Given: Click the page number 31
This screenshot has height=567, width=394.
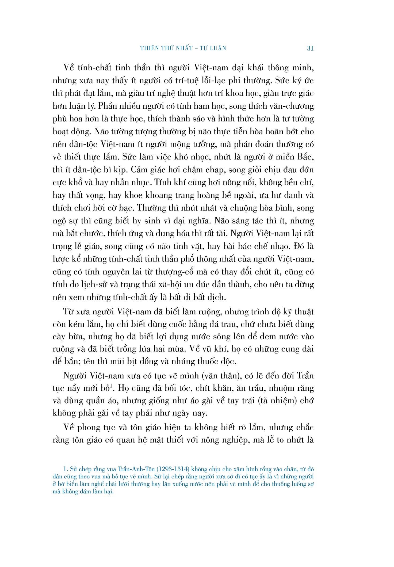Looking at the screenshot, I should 310,48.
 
